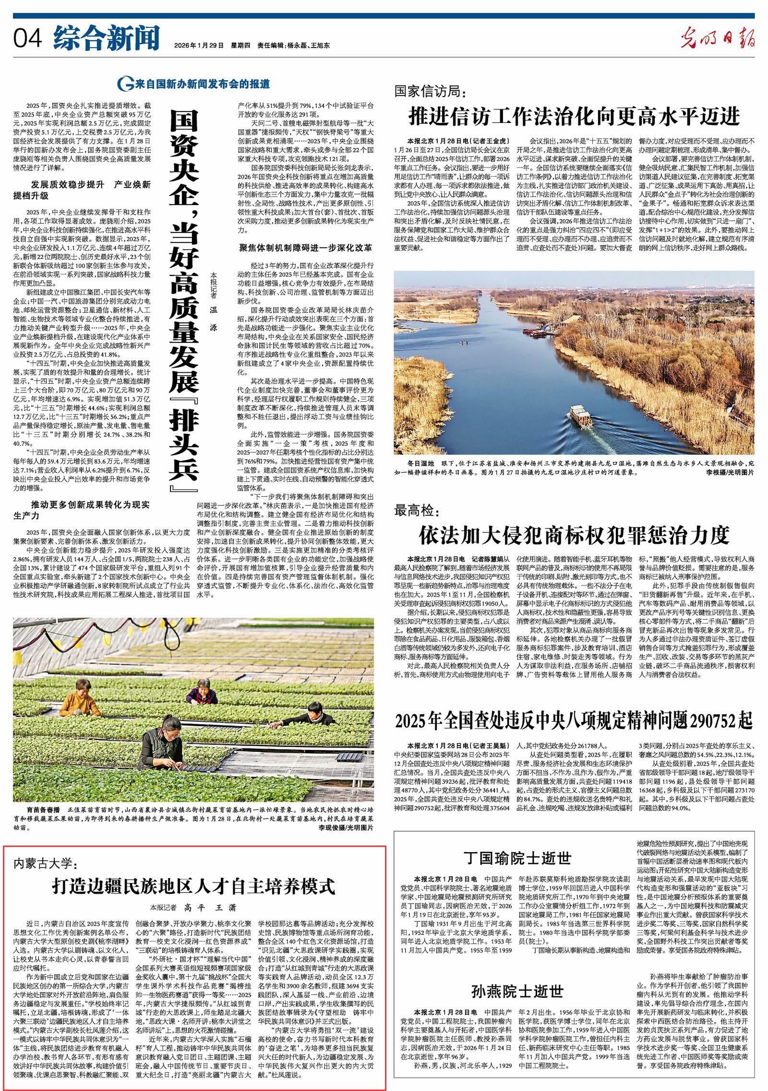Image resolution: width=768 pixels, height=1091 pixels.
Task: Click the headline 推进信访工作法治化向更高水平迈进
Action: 574,117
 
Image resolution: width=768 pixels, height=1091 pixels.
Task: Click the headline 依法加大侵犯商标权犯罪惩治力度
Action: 574,534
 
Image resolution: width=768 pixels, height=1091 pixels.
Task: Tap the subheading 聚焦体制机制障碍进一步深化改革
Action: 306,248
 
